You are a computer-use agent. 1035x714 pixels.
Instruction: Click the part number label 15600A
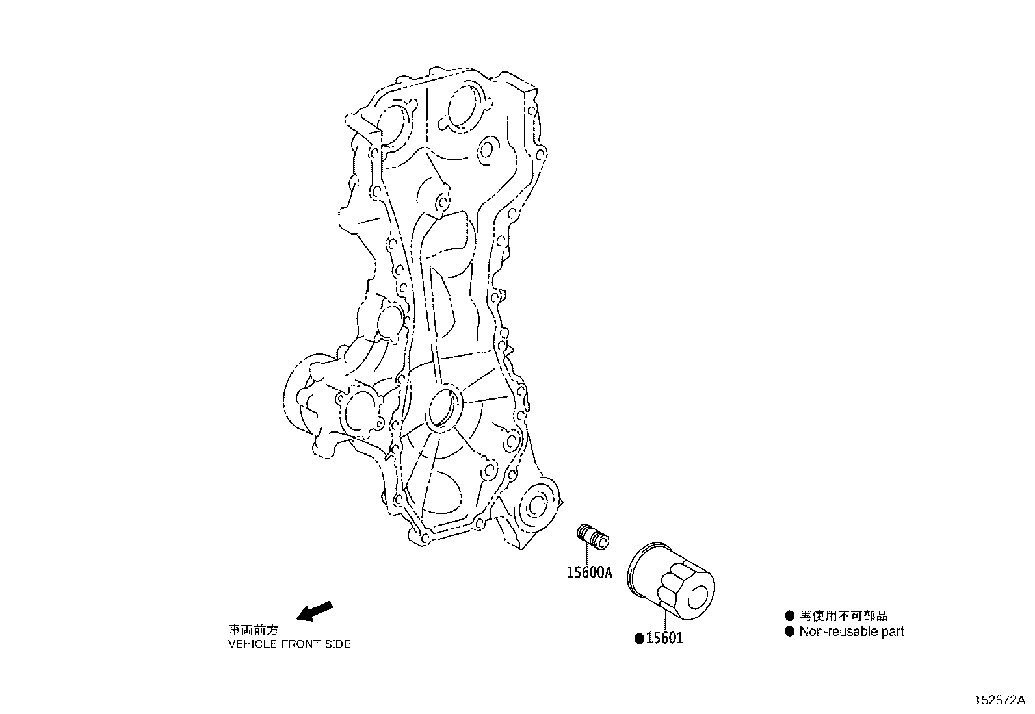[x=589, y=572]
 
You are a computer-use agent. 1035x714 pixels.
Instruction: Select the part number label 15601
[x=664, y=638]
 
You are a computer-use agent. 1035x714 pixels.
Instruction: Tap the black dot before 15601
[x=640, y=639]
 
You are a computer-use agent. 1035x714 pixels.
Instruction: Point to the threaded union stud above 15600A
[x=594, y=537]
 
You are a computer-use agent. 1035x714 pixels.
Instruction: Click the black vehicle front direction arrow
[x=315, y=611]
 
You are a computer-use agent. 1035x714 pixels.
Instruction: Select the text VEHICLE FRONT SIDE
[x=289, y=644]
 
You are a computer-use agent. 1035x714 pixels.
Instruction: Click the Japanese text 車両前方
[x=253, y=630]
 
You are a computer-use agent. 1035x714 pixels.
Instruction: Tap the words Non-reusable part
[x=851, y=631]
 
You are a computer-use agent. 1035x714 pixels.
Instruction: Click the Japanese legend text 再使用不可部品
[x=843, y=616]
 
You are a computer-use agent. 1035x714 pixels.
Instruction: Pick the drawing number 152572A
[x=1000, y=700]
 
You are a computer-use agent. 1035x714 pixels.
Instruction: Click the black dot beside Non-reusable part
[x=790, y=631]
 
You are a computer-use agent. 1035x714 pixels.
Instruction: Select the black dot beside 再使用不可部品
[x=790, y=616]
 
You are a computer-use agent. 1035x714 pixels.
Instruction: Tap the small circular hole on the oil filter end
[x=697, y=598]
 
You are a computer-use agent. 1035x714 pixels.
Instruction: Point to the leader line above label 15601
[x=664, y=620]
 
